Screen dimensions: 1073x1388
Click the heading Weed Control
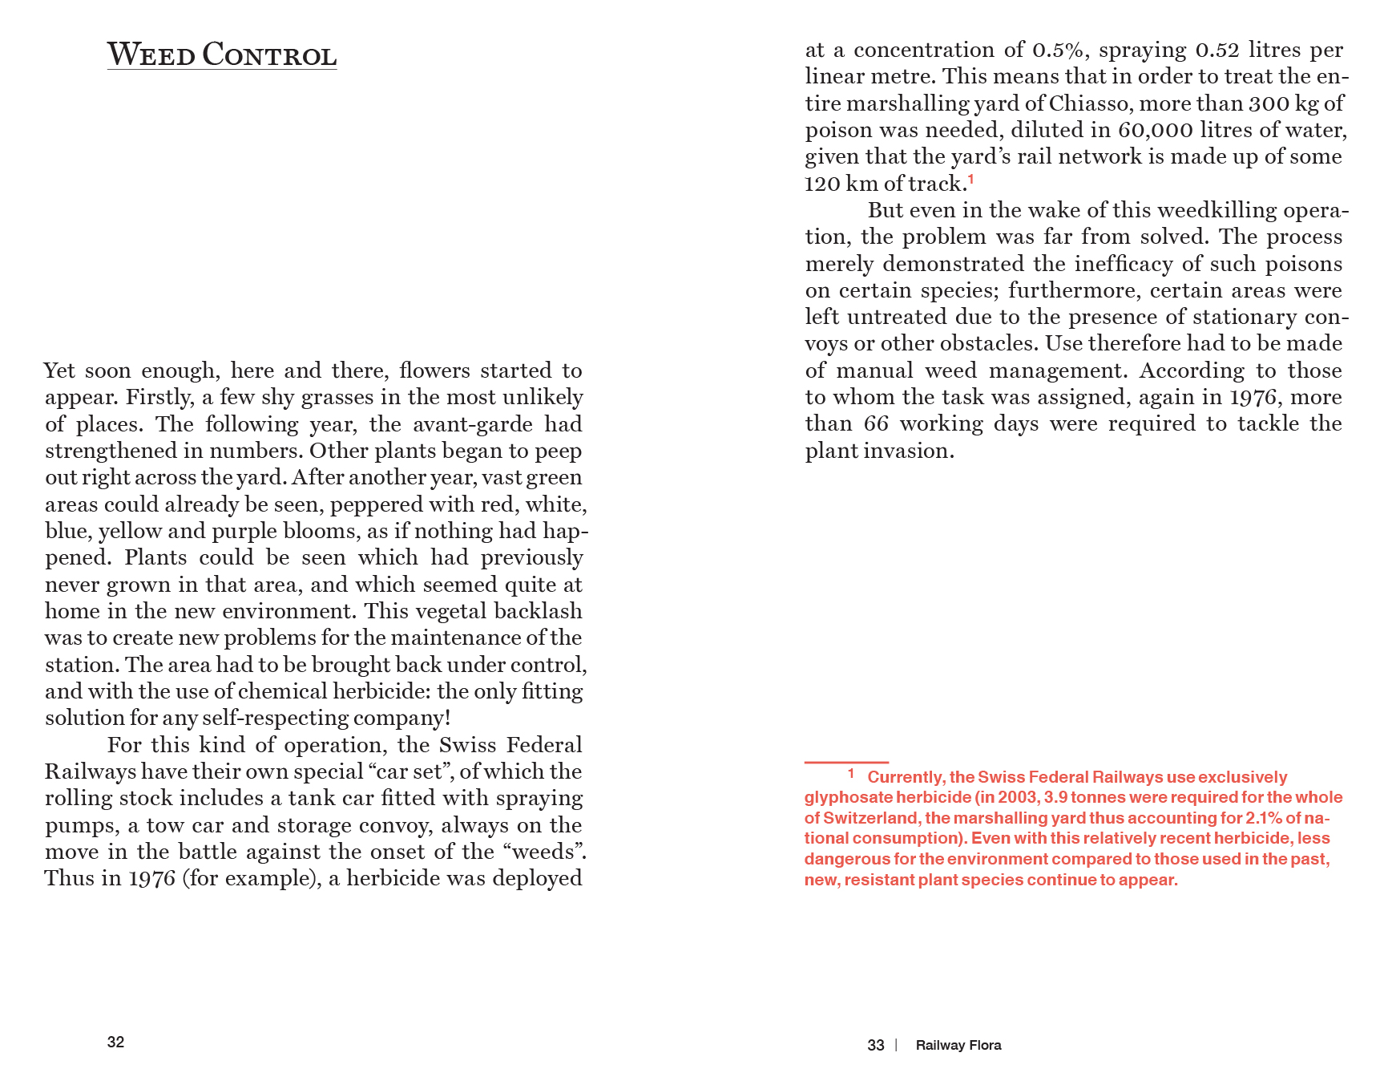[222, 55]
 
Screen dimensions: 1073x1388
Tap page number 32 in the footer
[115, 1042]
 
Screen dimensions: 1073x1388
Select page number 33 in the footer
[875, 1045]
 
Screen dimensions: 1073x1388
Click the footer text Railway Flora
[958, 1045]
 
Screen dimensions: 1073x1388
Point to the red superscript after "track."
[971, 179]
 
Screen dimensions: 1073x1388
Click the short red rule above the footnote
[846, 762]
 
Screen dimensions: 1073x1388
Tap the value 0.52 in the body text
[1217, 50]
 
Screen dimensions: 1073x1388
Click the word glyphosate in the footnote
[848, 797]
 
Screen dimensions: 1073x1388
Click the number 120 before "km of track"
[821, 184]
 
